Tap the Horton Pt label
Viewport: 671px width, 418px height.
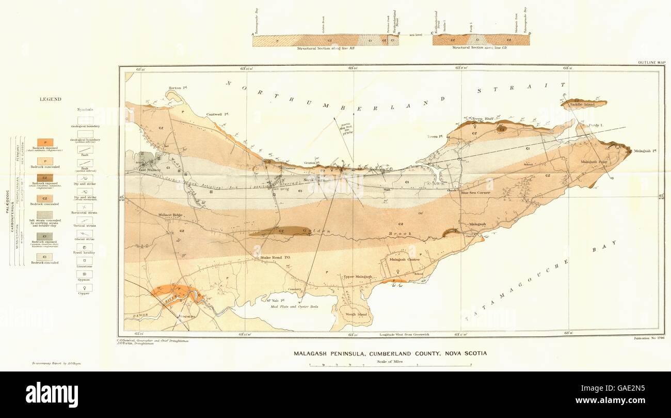point(178,88)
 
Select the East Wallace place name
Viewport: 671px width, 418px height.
point(150,169)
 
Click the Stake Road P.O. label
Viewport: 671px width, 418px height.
point(273,257)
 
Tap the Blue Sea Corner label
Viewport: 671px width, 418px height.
point(475,193)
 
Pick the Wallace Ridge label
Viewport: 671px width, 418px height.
point(170,214)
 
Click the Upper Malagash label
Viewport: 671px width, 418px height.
point(358,277)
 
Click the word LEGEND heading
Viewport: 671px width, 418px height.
point(51,99)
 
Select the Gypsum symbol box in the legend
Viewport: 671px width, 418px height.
point(84,274)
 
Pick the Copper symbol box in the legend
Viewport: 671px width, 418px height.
point(84,287)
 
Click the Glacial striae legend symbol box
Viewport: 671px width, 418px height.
point(84,234)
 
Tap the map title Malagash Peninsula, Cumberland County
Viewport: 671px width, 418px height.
point(390,354)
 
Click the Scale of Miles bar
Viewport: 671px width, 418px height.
point(390,365)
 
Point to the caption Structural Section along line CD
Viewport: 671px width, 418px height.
point(481,48)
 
